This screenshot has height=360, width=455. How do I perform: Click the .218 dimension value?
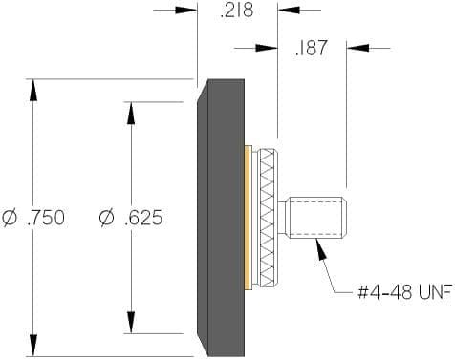tap(237, 11)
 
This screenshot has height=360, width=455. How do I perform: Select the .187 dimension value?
tap(311, 48)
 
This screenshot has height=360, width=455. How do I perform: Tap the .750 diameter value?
tap(47, 218)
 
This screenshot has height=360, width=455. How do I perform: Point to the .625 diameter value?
tap(143, 218)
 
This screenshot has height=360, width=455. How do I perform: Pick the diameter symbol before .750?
tap(11, 218)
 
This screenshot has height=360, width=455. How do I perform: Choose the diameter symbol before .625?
tap(107, 218)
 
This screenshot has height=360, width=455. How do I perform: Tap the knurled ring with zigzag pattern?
tap(270, 218)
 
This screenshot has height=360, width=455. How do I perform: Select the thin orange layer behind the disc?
tap(249, 218)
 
